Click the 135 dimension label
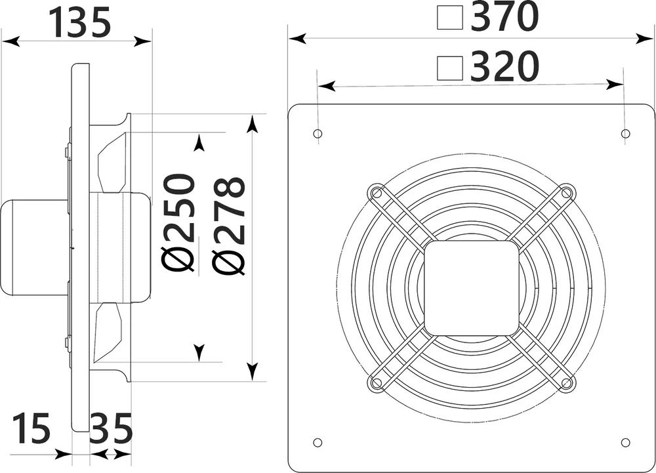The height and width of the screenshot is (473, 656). [80, 22]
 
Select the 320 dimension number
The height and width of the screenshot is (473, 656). [504, 66]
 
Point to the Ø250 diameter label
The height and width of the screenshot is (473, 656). [178, 223]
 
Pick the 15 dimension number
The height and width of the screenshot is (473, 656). [31, 428]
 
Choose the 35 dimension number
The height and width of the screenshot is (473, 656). [112, 428]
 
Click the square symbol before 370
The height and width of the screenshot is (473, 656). [450, 18]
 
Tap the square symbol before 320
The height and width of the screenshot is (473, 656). [450, 68]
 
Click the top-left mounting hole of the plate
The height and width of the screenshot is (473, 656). [318, 134]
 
